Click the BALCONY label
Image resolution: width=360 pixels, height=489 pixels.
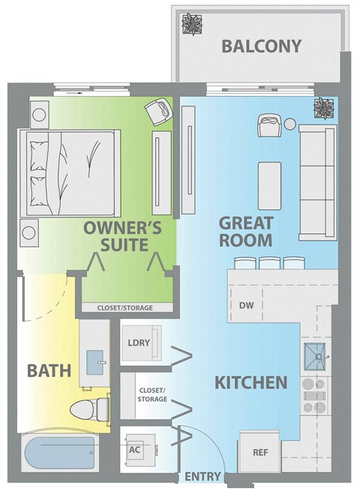point(261,46)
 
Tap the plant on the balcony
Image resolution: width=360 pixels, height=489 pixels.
point(192,22)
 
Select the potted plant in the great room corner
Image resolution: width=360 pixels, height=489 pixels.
point(324,108)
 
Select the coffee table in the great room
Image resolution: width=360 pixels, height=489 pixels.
point(270,184)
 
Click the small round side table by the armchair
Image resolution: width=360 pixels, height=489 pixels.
point(290,123)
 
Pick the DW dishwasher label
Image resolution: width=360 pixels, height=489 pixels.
point(246,305)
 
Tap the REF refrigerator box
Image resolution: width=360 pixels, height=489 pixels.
point(259,452)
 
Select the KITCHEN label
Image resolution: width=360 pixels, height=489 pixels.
point(251,382)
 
